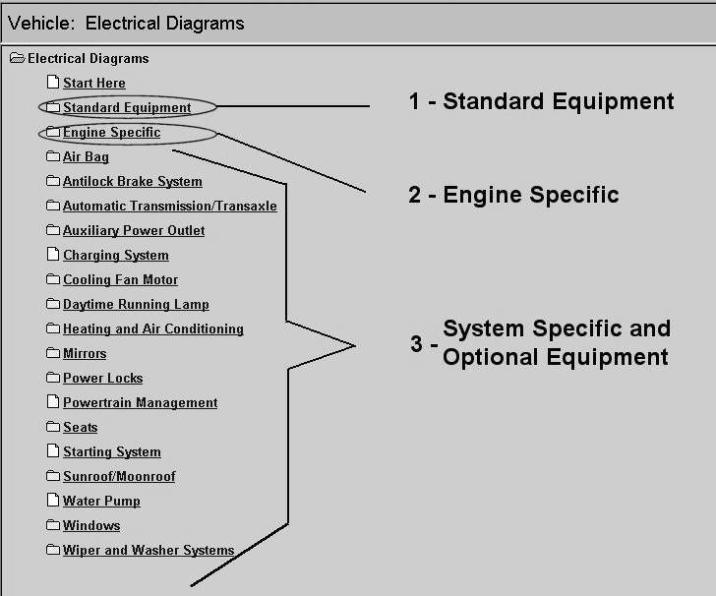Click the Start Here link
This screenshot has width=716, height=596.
click(x=93, y=84)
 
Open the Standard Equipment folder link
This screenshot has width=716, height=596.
click(x=126, y=108)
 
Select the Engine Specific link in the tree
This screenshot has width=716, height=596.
click(x=111, y=133)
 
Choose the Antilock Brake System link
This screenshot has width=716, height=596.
click(x=132, y=182)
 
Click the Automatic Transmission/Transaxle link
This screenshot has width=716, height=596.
click(x=169, y=207)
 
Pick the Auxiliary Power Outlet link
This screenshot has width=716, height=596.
click(x=134, y=231)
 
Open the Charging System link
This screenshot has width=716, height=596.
click(x=115, y=256)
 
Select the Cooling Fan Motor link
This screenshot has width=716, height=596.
click(x=120, y=280)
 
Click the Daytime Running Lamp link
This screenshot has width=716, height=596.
click(x=136, y=305)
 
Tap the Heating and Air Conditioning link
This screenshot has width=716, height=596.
click(x=152, y=329)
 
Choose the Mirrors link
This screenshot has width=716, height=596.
click(x=85, y=354)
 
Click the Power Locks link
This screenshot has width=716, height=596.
click(x=102, y=379)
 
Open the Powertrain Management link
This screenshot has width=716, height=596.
click(x=140, y=403)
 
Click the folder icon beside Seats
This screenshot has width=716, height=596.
click(x=53, y=427)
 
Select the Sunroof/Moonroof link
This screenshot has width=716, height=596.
click(x=119, y=477)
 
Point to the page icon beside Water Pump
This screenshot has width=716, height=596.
click(x=53, y=501)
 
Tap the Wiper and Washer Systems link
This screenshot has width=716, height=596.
click(x=148, y=551)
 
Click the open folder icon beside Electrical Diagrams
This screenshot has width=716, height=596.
click(x=17, y=59)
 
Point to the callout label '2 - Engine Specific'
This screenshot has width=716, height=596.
click(x=513, y=195)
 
